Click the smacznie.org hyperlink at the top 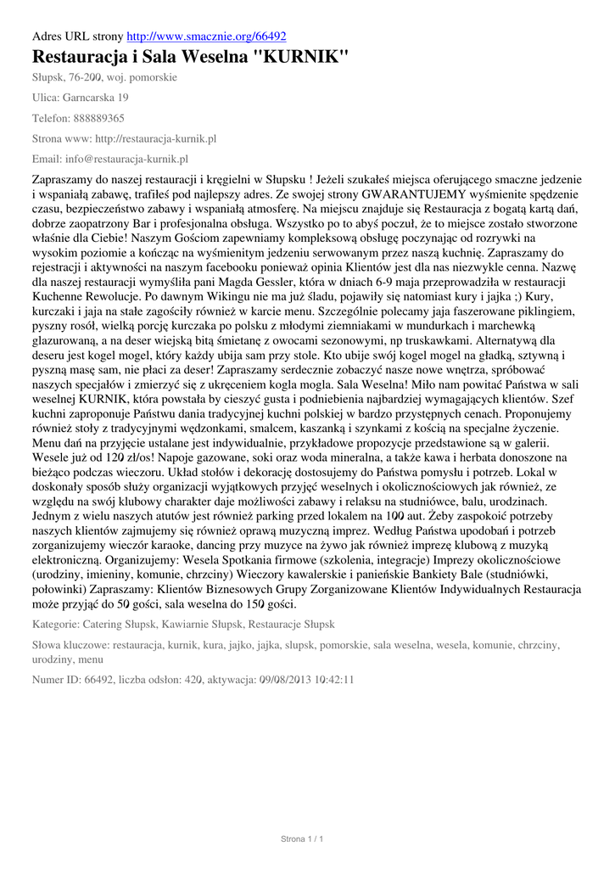(x=206, y=36)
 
